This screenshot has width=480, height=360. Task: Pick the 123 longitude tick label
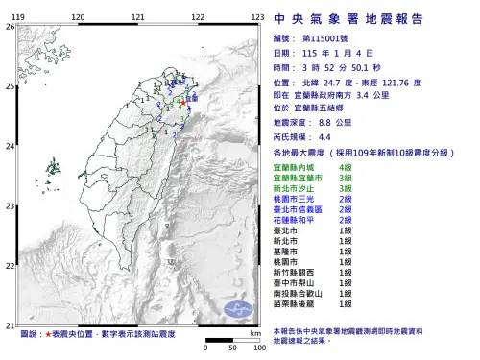tap(257, 18)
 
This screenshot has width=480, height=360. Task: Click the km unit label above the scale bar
tap(254, 332)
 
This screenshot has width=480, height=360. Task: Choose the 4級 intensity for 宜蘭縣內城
tap(344, 168)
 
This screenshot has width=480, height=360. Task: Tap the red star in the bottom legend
tap(49, 334)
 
